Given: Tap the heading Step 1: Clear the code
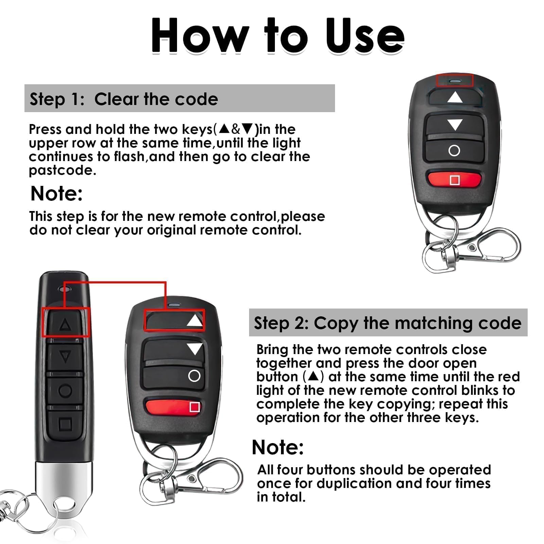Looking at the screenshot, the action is (x=124, y=99).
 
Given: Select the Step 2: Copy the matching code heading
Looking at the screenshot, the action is (x=387, y=323).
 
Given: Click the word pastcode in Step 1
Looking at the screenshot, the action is (x=63, y=171).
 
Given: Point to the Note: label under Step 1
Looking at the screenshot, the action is (x=56, y=194).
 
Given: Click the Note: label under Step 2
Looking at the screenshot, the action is (x=278, y=447).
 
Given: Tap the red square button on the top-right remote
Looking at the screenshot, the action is (x=454, y=180).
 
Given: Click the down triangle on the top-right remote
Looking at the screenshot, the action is (x=455, y=125).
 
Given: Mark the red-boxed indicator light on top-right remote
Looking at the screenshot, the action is (x=454, y=81).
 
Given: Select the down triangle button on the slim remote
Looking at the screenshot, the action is (x=65, y=357).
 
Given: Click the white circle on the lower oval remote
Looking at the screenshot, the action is (x=194, y=376).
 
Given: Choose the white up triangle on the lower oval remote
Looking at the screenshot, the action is (x=195, y=320).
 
